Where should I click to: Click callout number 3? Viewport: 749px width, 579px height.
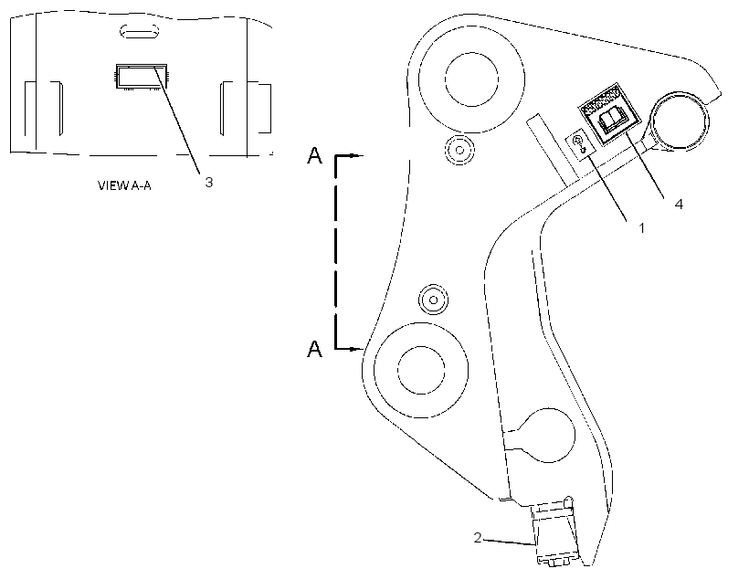tap(209, 182)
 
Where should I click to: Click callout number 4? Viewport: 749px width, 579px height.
tap(679, 204)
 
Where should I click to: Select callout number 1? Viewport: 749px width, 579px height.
tap(641, 228)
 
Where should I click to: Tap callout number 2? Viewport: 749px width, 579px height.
tap(478, 537)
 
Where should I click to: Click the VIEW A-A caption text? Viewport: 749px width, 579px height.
tap(124, 185)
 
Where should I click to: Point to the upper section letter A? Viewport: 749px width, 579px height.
tap(314, 156)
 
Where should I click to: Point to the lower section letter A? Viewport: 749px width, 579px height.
tap(314, 349)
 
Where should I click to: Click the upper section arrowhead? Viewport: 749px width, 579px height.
tap(356, 155)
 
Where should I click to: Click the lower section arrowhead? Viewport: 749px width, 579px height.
tap(356, 349)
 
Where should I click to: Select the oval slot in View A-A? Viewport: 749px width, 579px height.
tap(139, 32)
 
